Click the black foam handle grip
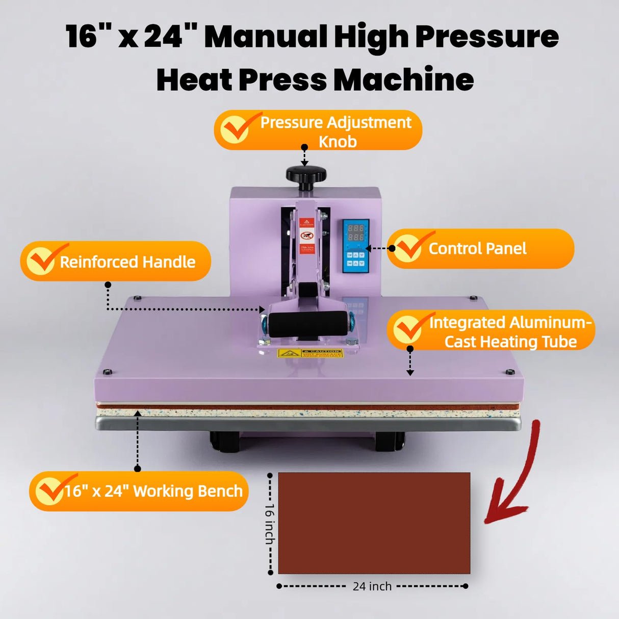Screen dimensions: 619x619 click(308, 324)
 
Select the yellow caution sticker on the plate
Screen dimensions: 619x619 click(310, 353)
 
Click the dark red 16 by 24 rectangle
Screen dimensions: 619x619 click(374, 523)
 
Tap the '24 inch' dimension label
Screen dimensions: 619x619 click(372, 586)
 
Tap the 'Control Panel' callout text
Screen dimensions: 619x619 click(477, 249)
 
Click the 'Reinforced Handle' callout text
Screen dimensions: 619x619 click(127, 262)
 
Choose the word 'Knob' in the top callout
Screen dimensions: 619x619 click(338, 142)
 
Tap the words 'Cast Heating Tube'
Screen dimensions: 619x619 click(510, 342)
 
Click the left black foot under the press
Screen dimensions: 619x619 click(224, 442)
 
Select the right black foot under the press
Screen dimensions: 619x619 click(390, 442)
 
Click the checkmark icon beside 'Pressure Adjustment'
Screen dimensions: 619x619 click(235, 129)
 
